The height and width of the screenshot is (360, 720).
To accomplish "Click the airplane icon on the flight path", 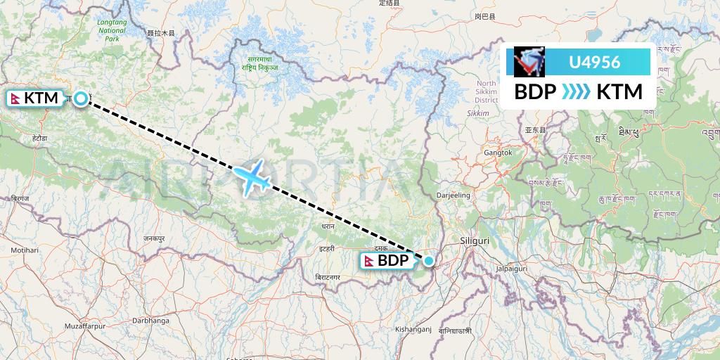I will [252, 176].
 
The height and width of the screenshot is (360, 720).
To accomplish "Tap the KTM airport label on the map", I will [34, 98].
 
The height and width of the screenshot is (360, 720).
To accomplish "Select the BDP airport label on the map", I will [387, 261].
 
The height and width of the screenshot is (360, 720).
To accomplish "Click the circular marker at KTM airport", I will [82, 98].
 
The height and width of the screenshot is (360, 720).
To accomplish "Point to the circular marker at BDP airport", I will [428, 261].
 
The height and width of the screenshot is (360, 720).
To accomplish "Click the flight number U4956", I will [594, 62].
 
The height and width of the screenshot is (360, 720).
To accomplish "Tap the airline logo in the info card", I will [529, 62].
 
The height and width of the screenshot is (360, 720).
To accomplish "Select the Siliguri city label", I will [473, 240].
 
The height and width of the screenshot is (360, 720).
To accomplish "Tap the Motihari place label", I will [25, 250].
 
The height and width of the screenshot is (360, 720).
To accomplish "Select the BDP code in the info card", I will [535, 92].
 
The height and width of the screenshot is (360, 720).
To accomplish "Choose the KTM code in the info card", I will [619, 92].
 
